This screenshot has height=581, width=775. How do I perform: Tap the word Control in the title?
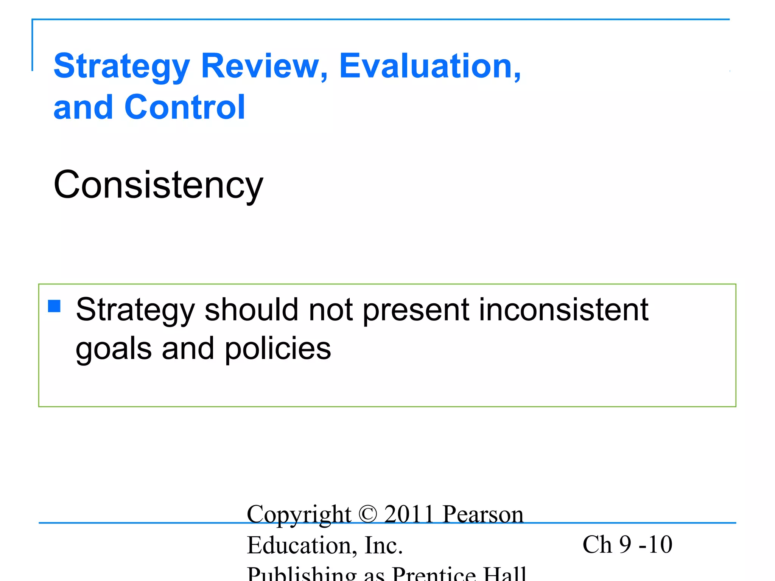185,107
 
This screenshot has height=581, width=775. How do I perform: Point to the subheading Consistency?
158,185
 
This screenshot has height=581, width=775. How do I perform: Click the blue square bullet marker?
54,306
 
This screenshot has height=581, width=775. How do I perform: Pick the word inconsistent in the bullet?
563,310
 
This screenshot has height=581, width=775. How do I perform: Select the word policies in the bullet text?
278,348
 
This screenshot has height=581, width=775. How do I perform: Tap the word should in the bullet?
251,310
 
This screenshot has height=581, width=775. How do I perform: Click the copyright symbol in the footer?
367,514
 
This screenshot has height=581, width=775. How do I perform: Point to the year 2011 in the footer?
409,514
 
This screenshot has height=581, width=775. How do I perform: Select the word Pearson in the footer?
483,514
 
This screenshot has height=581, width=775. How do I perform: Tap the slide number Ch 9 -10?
627,545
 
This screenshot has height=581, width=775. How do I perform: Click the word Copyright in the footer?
299,515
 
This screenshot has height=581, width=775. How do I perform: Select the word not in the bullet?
331,310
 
